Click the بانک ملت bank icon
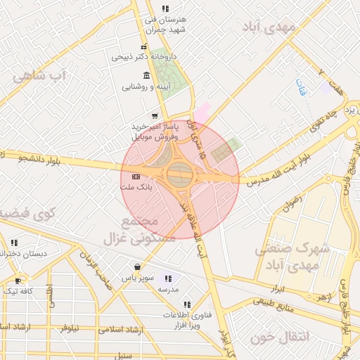(x=136, y=176)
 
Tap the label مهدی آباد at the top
(x=269, y=27)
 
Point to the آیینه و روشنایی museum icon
(x=146, y=76)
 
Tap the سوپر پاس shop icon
(x=136, y=268)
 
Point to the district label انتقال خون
(x=279, y=337)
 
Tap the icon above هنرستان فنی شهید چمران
(x=165, y=8)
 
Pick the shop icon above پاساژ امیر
(x=154, y=115)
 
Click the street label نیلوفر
(x=69, y=328)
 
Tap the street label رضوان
(x=290, y=201)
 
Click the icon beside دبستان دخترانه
(x=14, y=243)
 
